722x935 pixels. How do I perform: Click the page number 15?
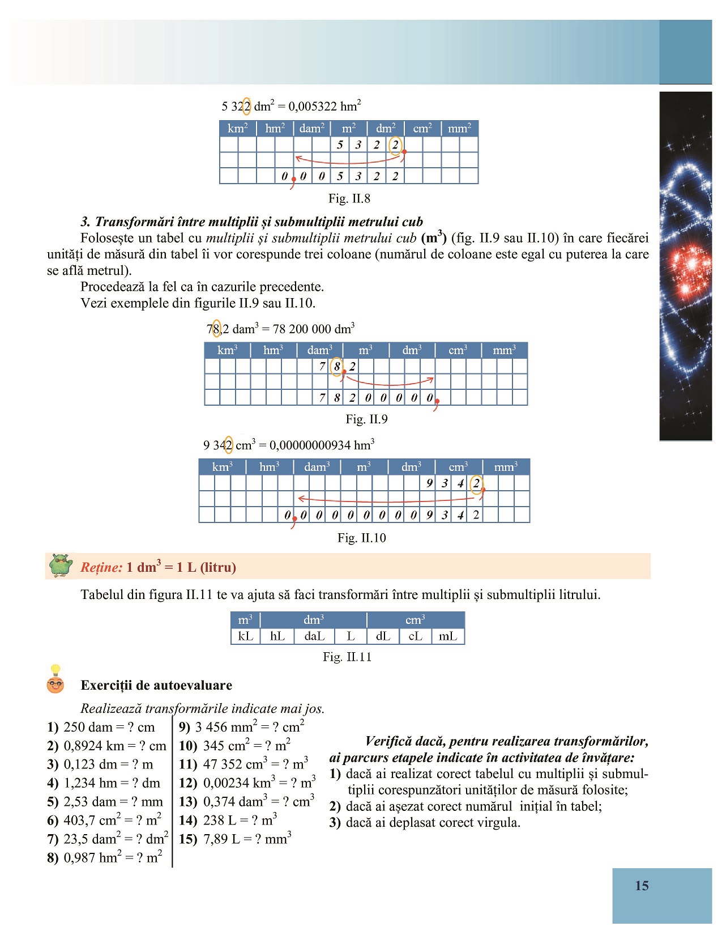(x=642, y=886)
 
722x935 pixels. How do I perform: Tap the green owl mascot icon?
(x=61, y=566)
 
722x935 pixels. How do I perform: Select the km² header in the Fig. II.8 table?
(x=237, y=129)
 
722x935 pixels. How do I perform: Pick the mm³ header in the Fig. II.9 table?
(x=504, y=350)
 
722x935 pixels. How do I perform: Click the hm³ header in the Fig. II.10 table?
(x=270, y=467)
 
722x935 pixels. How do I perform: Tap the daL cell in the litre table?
(x=314, y=636)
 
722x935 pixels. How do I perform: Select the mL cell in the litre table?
(x=448, y=636)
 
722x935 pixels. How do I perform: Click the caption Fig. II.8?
(x=349, y=198)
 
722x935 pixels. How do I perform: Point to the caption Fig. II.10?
(x=362, y=538)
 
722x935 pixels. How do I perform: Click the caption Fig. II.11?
(x=347, y=657)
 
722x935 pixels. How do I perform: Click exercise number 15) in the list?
(x=188, y=839)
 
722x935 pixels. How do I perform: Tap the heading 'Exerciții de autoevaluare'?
(x=156, y=685)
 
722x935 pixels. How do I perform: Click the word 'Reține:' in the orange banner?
(x=101, y=567)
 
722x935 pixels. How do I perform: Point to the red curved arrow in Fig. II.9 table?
(x=391, y=382)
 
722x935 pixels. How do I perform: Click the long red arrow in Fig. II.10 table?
(x=385, y=500)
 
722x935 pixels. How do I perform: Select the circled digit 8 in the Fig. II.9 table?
(x=337, y=366)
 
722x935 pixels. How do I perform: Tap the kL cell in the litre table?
(x=245, y=636)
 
